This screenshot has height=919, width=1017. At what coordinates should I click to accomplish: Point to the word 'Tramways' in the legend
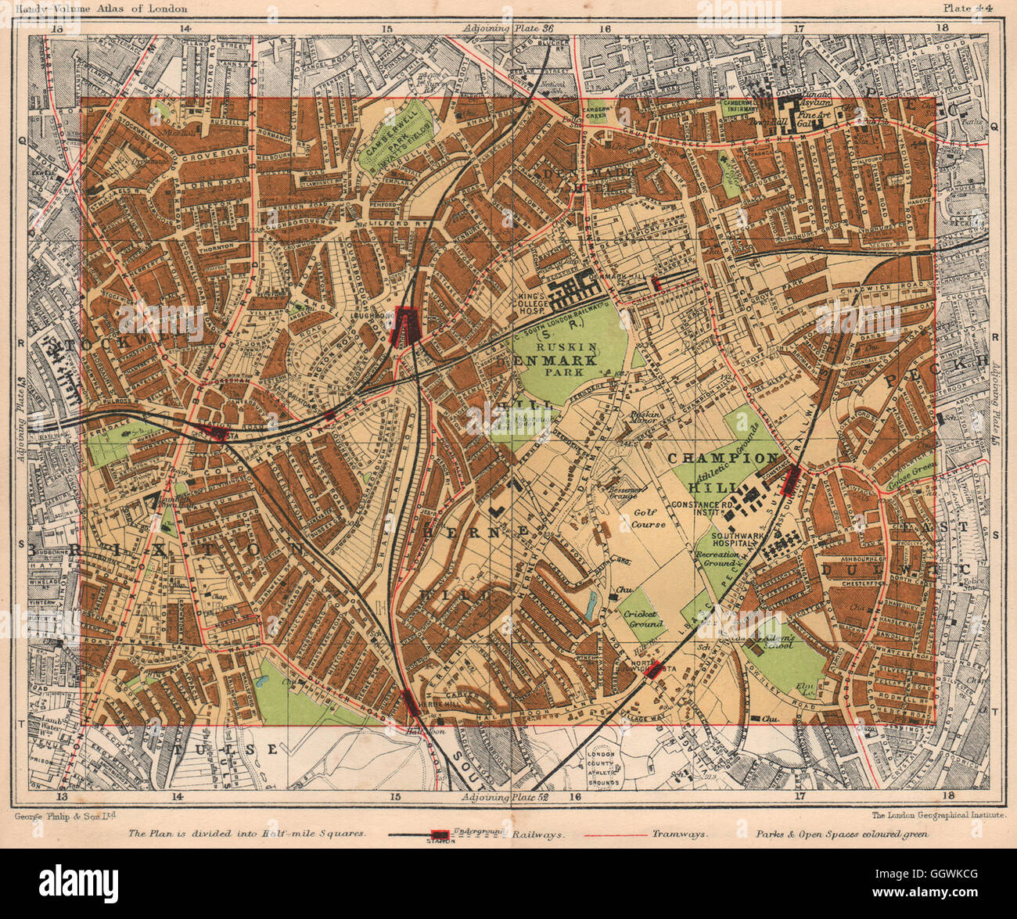tap(681, 833)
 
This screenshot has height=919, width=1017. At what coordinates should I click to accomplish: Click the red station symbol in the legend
tap(440, 835)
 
